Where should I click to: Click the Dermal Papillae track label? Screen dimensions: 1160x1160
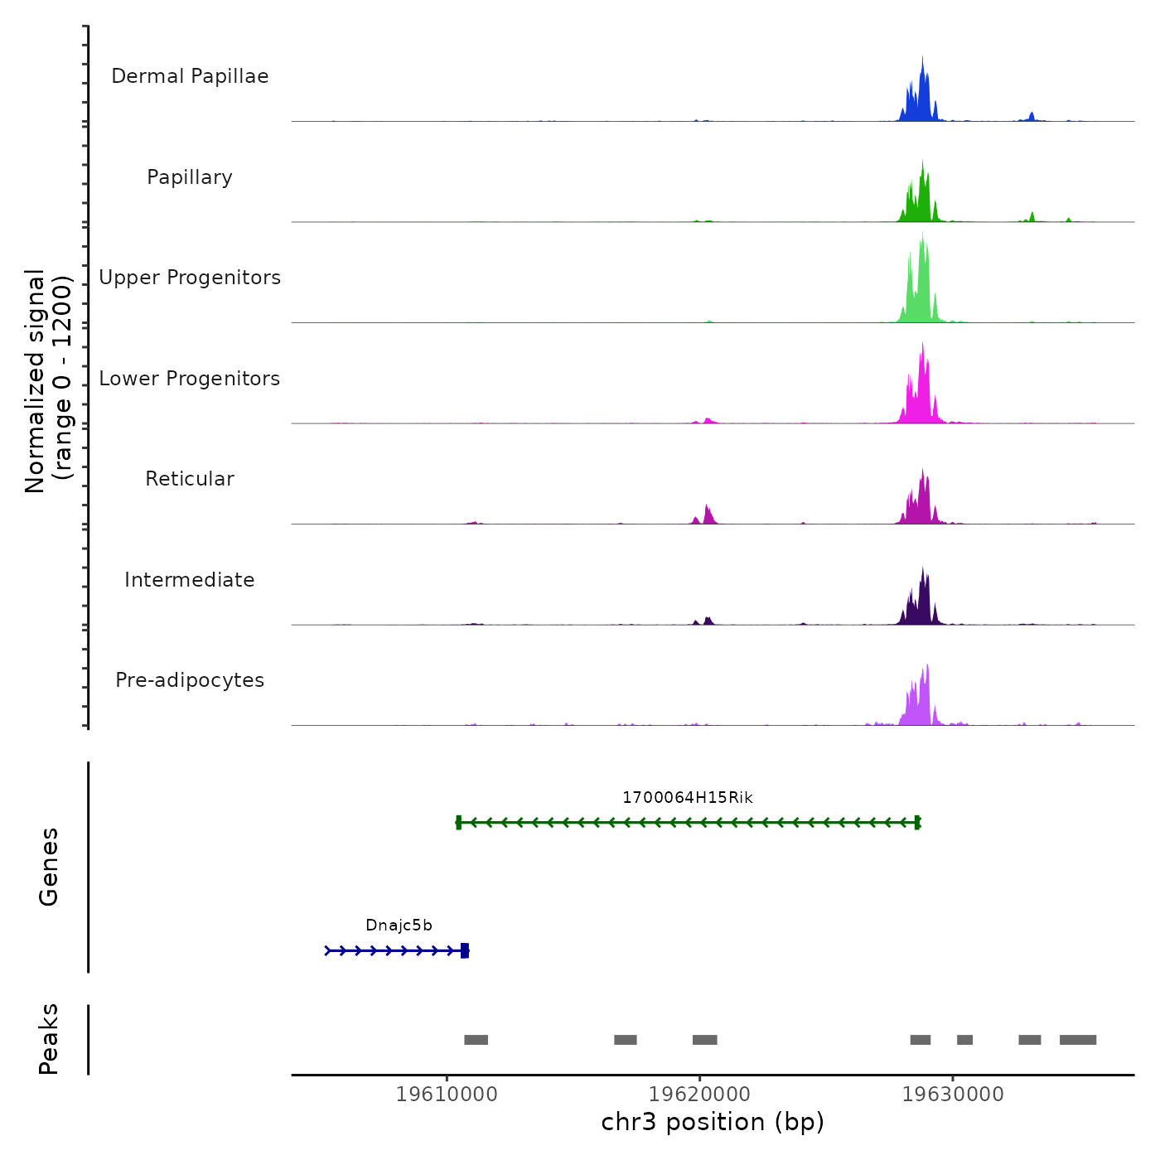[190, 76]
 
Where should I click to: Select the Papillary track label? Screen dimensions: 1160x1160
[190, 177]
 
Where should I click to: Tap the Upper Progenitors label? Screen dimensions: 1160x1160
[190, 278]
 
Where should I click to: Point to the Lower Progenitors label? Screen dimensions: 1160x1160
[190, 379]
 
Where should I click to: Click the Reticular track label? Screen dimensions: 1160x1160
[190, 479]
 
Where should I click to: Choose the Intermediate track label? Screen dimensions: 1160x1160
[190, 580]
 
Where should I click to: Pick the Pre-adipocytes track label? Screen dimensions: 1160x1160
[190, 680]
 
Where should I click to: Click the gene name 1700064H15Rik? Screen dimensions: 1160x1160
[688, 798]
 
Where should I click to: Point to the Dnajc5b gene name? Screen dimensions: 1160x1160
[399, 926]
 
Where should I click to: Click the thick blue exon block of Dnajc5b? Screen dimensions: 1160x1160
[465, 950]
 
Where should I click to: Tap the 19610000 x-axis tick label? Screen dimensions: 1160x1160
[447, 1094]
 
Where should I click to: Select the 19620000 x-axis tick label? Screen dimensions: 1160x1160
[699, 1094]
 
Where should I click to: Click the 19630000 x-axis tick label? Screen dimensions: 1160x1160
[953, 1094]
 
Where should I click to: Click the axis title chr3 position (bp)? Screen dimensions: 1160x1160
[713, 1122]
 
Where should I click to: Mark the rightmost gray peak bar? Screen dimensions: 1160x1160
[1077, 1040]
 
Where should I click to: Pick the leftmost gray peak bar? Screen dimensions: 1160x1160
[476, 1040]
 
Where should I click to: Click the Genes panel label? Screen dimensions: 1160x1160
[49, 867]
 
